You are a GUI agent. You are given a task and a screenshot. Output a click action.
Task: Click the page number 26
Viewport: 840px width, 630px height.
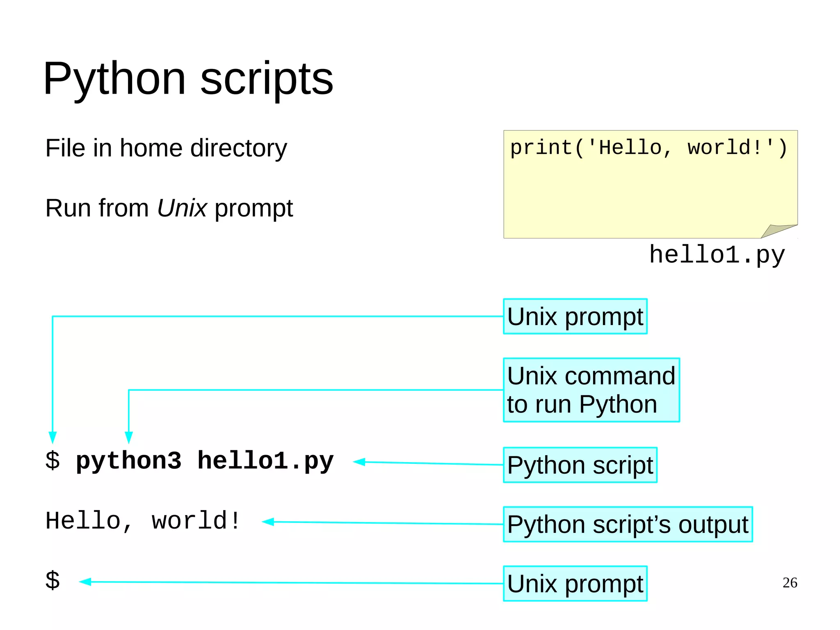(790, 582)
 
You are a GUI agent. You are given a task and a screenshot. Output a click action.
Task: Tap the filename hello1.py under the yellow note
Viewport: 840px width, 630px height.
(717, 254)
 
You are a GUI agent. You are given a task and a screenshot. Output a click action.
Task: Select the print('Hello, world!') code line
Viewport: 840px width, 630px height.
(648, 148)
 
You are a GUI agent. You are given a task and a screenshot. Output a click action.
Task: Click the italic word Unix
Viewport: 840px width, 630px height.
(182, 208)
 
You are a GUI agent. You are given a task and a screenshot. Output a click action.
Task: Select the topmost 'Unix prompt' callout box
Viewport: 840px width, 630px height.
(575, 316)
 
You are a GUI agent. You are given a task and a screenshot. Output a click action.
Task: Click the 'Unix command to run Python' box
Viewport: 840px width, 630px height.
(591, 390)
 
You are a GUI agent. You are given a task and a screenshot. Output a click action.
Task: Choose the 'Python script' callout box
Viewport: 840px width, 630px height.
(580, 465)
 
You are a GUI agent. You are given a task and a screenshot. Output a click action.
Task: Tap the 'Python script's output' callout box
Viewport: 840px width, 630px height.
(628, 525)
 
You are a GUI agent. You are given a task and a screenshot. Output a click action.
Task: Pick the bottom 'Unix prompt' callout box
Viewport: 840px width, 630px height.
(575, 584)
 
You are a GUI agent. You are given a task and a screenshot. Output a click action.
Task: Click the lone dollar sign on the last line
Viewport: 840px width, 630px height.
(52, 580)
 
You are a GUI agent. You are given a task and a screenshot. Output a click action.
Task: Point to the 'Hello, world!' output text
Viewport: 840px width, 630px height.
(143, 521)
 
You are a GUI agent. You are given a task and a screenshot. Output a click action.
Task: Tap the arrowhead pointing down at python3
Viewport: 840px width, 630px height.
(129, 437)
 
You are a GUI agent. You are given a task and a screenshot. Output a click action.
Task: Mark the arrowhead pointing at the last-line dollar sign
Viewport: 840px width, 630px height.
(85, 582)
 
